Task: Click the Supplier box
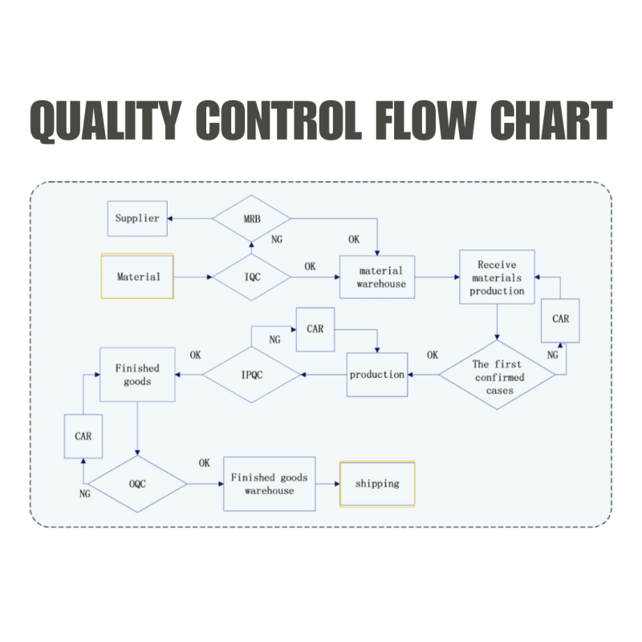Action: click(x=138, y=218)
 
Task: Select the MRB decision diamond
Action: click(x=251, y=218)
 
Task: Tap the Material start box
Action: click(x=138, y=277)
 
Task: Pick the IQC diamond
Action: click(x=251, y=278)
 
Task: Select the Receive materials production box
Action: click(x=497, y=277)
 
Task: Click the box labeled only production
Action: click(x=377, y=374)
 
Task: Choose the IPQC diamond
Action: click(x=251, y=374)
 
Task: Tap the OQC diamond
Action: click(x=137, y=484)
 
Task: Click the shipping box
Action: click(x=377, y=484)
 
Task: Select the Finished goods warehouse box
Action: click(x=269, y=484)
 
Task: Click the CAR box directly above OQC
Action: click(x=83, y=437)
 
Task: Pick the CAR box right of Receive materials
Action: click(x=561, y=319)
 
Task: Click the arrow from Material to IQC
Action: click(x=193, y=278)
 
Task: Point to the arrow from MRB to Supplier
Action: click(x=190, y=218)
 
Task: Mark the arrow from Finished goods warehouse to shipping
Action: click(x=327, y=484)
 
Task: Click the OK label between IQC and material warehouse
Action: click(x=310, y=266)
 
